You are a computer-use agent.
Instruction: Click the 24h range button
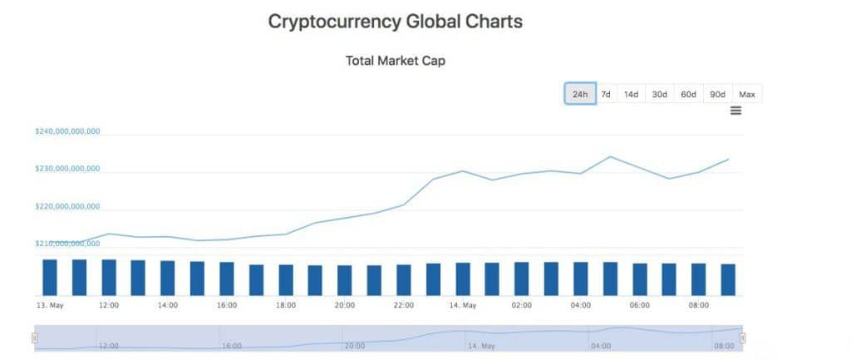(x=580, y=94)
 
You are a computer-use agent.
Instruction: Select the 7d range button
(x=606, y=94)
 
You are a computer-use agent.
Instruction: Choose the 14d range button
(x=631, y=94)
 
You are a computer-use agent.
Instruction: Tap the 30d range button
(x=659, y=94)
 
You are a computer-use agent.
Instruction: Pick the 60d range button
(x=688, y=94)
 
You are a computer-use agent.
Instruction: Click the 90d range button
(x=717, y=94)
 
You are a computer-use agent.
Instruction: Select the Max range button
(x=747, y=94)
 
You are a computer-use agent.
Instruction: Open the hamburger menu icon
(x=735, y=111)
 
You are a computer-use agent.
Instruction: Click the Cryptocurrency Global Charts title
(x=395, y=22)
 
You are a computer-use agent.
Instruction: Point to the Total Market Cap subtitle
(x=395, y=61)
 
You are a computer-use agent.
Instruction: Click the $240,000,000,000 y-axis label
(x=67, y=131)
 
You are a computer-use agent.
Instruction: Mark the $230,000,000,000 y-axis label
(x=67, y=169)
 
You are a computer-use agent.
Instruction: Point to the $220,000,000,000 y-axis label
(x=67, y=206)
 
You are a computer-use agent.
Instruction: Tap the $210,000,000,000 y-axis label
(x=67, y=244)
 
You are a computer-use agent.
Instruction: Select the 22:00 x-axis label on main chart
(x=404, y=305)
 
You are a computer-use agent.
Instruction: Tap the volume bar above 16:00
(x=227, y=279)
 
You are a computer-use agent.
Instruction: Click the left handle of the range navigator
(x=35, y=338)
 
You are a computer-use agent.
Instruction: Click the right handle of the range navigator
(x=742, y=338)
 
